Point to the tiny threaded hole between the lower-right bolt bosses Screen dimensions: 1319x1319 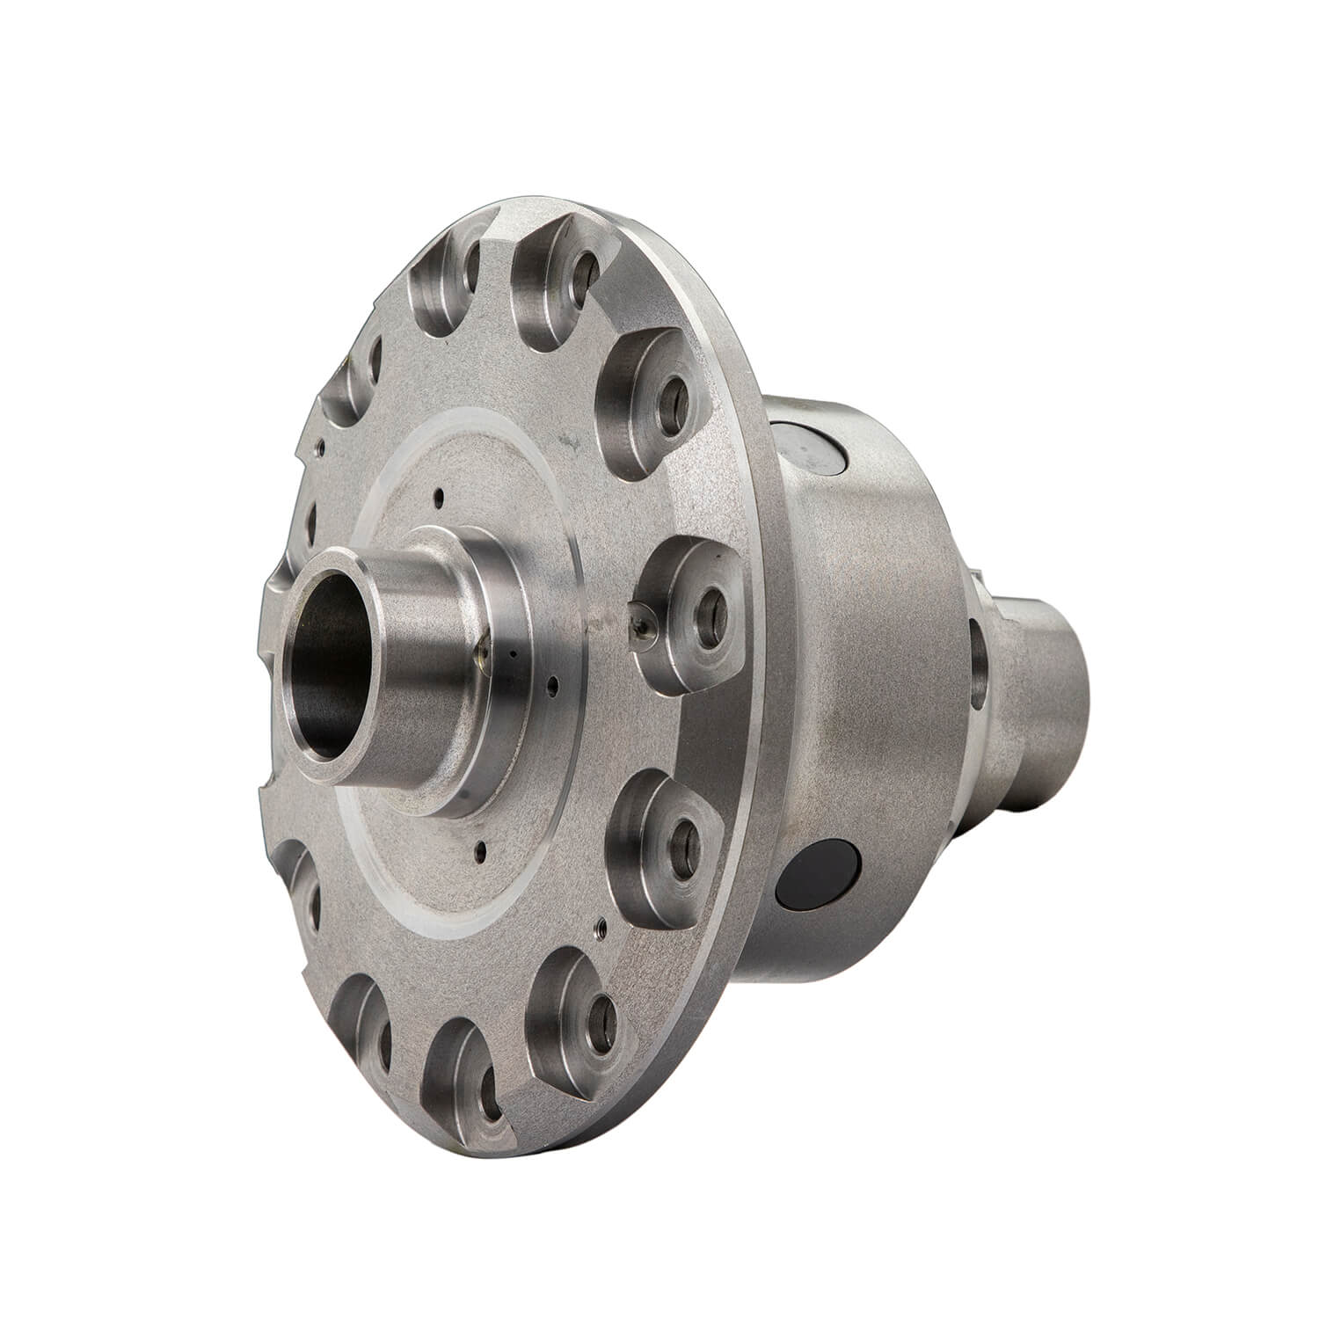[600, 925]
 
